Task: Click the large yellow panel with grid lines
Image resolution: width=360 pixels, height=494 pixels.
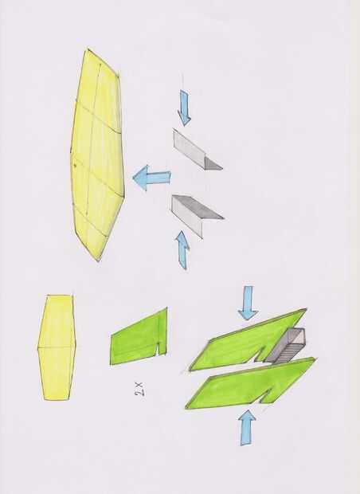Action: pos(97,155)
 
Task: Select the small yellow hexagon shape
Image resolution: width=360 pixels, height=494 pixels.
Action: pos(57,347)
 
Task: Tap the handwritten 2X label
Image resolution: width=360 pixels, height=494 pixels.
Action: pos(139,389)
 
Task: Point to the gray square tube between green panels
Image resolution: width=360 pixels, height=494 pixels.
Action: pos(285,346)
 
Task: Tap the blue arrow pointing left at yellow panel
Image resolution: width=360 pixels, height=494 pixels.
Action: pos(151,178)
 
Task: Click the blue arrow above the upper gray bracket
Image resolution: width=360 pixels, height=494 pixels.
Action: pos(184,108)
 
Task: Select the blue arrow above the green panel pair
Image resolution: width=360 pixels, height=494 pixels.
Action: pos(248,303)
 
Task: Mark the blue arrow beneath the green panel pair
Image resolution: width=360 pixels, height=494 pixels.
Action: pos(248,428)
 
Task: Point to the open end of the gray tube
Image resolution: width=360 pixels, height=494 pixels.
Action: pos(298,336)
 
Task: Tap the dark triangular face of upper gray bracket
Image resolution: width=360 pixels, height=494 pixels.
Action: pos(213,164)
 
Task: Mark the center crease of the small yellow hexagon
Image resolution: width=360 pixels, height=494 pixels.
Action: pos(57,347)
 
